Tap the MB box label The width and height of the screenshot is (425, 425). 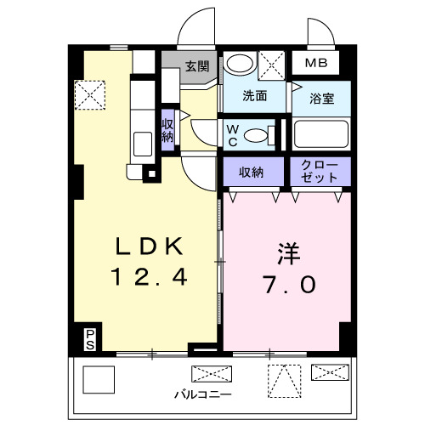click(x=315, y=64)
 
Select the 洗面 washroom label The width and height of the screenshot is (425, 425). click(x=253, y=96)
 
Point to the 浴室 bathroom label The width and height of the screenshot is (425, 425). click(x=320, y=99)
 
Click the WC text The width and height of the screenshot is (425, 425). click(x=232, y=134)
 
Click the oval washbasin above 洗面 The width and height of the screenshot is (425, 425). click(x=239, y=64)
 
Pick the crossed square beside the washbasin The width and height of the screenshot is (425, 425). click(x=272, y=65)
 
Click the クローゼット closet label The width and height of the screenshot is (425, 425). click(x=320, y=171)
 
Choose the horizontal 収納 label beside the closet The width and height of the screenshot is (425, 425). click(x=251, y=172)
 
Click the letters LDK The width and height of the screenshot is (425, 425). click(x=150, y=247)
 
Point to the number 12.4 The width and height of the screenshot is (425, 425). click(x=150, y=277)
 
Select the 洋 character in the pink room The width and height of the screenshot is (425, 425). click(x=285, y=253)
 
